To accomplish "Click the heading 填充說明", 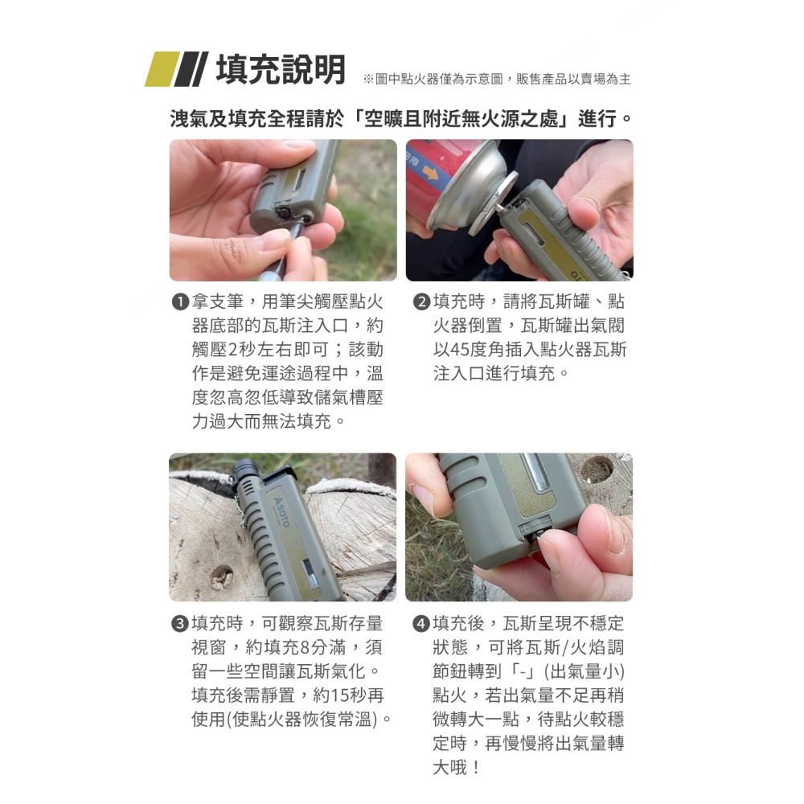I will tap(281, 70).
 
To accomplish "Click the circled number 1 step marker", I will tap(180, 303).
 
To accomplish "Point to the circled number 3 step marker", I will tap(180, 624).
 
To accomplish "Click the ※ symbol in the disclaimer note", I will tap(369, 79).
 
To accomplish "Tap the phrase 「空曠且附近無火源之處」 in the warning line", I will tap(462, 119).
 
